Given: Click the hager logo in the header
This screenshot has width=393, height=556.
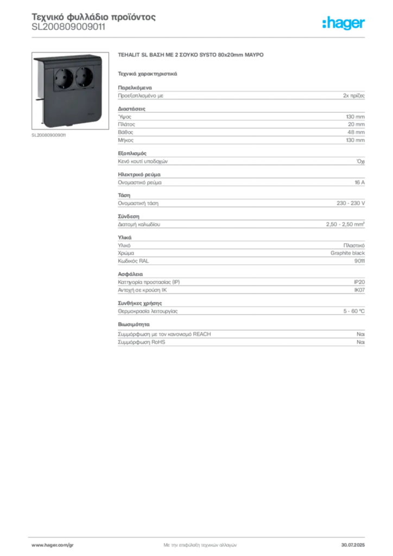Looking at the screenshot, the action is point(343,23).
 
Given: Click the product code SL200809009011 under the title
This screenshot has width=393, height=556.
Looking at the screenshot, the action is point(68,27).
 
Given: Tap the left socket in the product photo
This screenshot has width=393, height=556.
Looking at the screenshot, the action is point(64,78).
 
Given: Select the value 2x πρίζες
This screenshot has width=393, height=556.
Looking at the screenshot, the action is point(354,96).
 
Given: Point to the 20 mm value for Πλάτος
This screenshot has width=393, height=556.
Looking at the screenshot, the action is point(356,124).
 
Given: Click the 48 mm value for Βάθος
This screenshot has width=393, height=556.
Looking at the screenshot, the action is point(356,132).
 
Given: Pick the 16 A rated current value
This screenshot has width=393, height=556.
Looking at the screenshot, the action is point(360,182).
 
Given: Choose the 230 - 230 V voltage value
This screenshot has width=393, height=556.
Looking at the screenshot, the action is point(351,203).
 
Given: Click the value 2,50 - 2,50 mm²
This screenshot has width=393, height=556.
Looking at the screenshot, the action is point(345,224).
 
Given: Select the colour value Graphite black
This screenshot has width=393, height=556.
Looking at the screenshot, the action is point(347,253).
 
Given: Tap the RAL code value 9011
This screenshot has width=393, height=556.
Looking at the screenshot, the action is point(359,261).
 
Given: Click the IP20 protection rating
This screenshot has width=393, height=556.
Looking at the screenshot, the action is point(359,282).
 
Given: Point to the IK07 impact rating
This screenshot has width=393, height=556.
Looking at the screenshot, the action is point(359,290).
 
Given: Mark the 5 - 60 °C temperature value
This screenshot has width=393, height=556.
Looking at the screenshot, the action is point(354,311).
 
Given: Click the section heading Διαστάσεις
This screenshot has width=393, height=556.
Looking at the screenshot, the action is point(131,109).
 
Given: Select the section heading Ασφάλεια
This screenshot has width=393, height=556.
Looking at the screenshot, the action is point(130,274).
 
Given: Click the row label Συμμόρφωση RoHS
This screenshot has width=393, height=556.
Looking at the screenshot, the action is point(141,342).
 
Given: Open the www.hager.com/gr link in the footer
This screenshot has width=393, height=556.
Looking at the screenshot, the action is point(53,545).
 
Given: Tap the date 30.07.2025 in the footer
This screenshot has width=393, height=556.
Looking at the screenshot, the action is point(353,545).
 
